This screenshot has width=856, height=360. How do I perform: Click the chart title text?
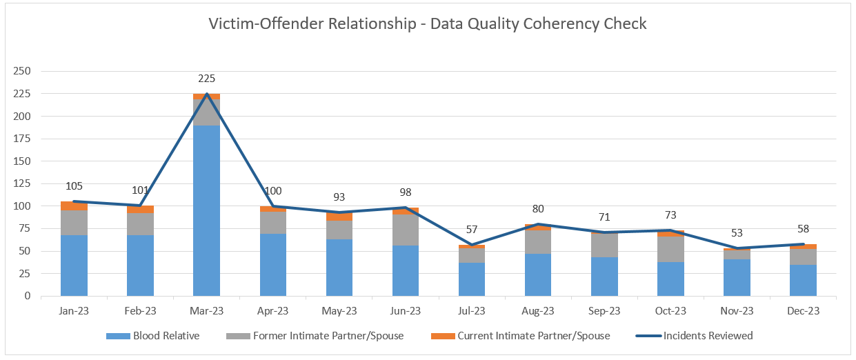428,23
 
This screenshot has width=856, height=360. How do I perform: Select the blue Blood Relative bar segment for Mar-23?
206,210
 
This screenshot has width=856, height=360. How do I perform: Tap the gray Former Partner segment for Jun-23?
406,230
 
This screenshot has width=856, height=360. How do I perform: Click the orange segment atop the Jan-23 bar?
74,206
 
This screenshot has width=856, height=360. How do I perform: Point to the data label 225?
206,79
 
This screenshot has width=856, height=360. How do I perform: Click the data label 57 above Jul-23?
472,230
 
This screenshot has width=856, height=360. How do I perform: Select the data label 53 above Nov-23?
737,233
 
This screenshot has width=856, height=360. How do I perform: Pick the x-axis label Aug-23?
538,311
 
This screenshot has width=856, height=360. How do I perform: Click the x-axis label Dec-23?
803,311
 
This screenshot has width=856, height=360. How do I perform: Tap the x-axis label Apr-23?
272,311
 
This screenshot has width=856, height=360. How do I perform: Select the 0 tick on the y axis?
28,296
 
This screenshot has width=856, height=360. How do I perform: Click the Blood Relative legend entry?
153,336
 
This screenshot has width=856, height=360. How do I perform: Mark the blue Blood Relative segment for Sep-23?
604,277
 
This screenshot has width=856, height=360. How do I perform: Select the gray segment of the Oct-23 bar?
670,249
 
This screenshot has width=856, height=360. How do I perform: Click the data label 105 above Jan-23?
74,186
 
